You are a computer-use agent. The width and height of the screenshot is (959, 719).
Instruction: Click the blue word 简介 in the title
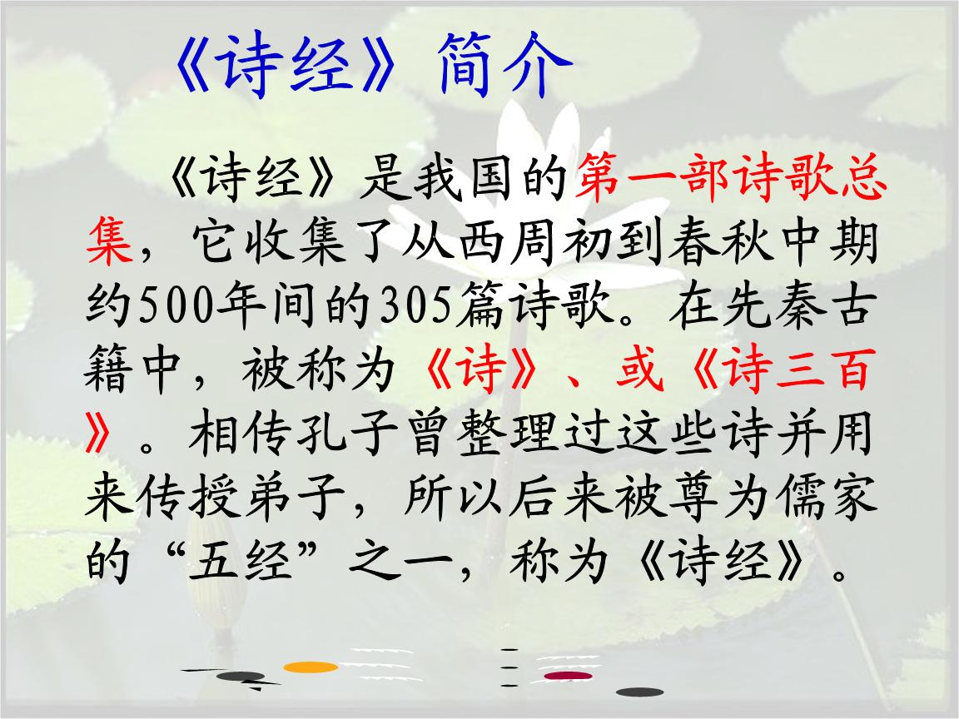point(504,65)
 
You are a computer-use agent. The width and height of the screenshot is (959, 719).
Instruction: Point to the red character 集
point(110,241)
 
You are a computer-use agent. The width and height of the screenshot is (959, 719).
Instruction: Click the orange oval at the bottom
point(311,667)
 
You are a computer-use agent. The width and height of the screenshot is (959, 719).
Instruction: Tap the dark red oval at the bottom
point(569,676)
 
